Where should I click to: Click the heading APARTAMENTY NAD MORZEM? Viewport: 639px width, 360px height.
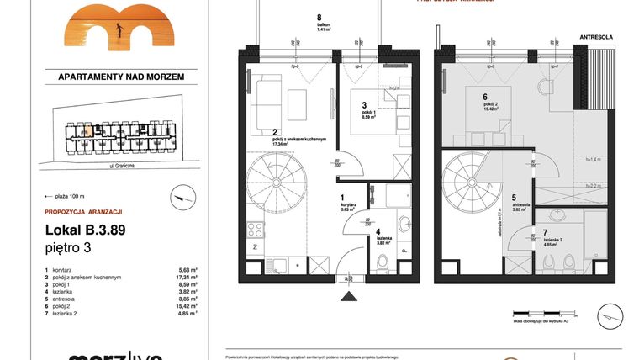[x=120, y=76]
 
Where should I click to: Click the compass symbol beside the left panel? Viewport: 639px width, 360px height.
[x=179, y=198]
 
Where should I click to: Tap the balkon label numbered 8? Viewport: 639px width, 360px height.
[x=319, y=21]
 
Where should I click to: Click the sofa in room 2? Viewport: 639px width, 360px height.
[x=265, y=99]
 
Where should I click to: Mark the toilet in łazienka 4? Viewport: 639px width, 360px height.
[x=383, y=264]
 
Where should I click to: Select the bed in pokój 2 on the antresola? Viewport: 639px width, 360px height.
[x=485, y=106]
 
